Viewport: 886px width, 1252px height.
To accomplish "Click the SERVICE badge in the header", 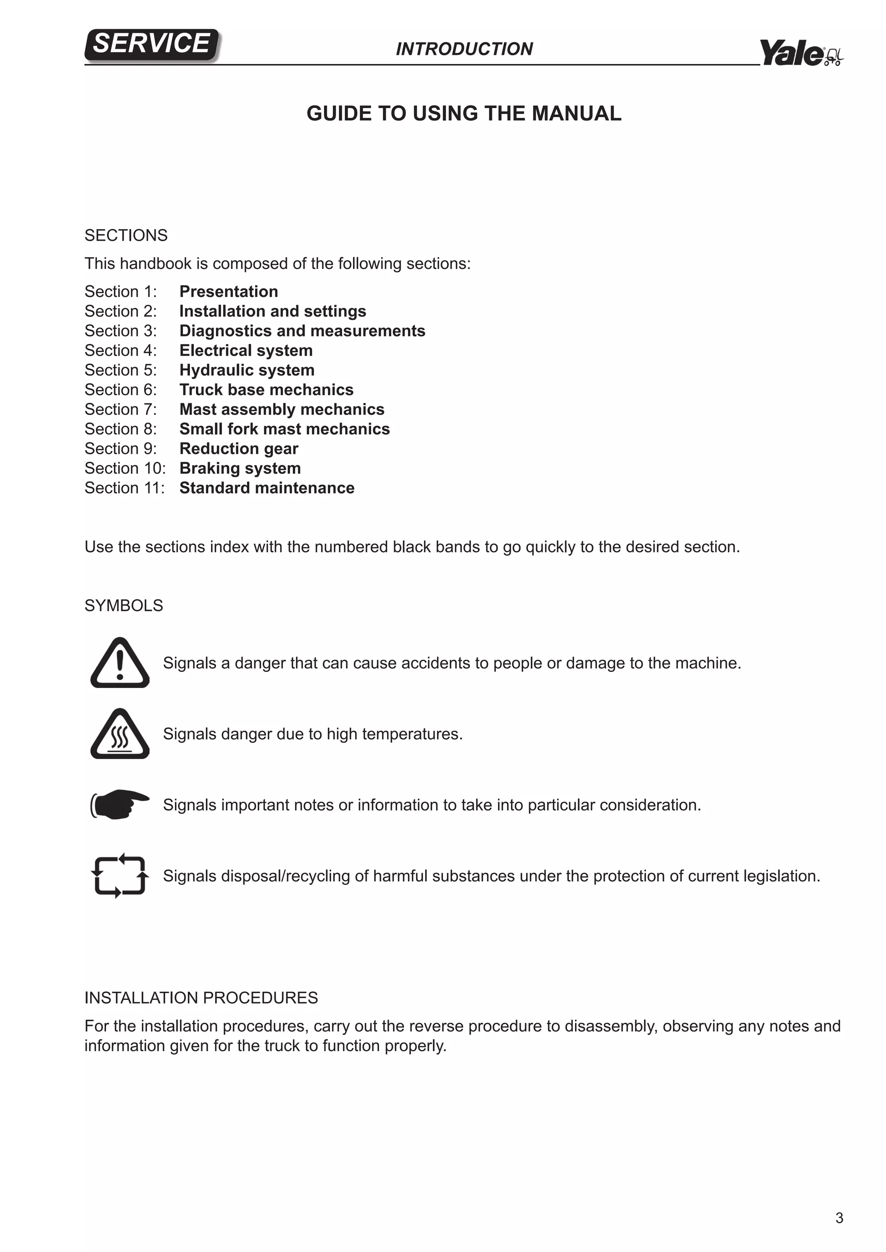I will [x=152, y=44].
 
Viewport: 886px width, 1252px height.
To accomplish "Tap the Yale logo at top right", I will [x=800, y=53].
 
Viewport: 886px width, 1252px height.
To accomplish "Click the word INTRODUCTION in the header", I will [x=464, y=49].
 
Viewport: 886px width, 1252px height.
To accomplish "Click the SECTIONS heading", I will [x=126, y=236].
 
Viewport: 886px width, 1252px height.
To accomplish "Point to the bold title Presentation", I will [x=228, y=292].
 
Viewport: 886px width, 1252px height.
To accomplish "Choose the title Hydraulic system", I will [x=247, y=370].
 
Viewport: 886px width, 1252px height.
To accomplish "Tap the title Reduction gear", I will [x=239, y=449].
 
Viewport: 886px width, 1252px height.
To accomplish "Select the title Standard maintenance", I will [x=267, y=488].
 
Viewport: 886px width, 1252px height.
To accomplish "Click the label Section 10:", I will [x=125, y=468].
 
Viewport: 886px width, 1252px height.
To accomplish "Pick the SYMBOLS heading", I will [x=124, y=606].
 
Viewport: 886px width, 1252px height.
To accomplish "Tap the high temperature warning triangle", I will [x=120, y=735].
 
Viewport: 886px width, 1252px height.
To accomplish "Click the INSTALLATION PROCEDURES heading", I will [x=201, y=998].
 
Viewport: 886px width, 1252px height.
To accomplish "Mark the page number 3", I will [x=839, y=1218].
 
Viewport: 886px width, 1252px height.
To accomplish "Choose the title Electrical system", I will [x=246, y=351].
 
